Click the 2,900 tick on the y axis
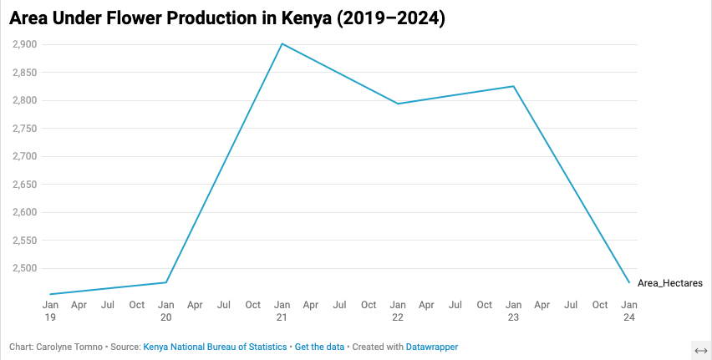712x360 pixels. [x=24, y=44]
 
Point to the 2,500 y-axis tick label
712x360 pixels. [x=24, y=268]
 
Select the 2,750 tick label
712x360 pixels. [x=24, y=129]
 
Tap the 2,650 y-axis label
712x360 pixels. [x=24, y=185]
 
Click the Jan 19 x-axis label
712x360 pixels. [x=50, y=311]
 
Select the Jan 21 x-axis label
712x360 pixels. [x=282, y=311]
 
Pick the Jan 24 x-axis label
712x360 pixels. [x=629, y=311]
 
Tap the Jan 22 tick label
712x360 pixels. [x=399, y=311]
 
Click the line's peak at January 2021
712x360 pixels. [x=282, y=43]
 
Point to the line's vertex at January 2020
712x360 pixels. [x=166, y=282]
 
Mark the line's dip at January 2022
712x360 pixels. [x=398, y=104]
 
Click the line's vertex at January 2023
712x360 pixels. [x=514, y=86]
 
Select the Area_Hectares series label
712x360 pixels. [x=669, y=283]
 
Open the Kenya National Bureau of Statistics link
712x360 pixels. [x=216, y=347]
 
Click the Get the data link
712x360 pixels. [x=320, y=347]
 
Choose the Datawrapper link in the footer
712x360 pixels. [x=431, y=347]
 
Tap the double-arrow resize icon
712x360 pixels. [x=701, y=349]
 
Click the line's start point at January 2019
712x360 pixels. [x=50, y=294]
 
